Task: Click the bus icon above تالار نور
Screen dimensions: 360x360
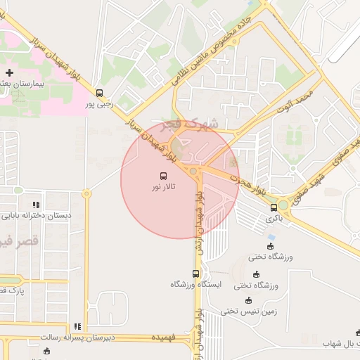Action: click(164, 176)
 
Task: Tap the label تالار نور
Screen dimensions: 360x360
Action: click(164, 188)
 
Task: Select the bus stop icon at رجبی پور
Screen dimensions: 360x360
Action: click(99, 92)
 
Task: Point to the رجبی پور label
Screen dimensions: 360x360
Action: click(99, 104)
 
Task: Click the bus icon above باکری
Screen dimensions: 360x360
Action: click(274, 207)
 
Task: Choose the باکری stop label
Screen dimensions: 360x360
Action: click(273, 219)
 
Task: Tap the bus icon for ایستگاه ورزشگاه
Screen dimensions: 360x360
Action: click(196, 274)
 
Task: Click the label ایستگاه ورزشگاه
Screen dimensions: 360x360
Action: click(196, 285)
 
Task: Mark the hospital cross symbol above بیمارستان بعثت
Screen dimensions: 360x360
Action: click(9, 72)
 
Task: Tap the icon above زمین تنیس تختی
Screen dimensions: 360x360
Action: click(247, 300)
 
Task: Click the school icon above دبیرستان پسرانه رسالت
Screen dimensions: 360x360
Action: click(77, 326)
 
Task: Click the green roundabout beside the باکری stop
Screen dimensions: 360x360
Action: click(283, 206)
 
